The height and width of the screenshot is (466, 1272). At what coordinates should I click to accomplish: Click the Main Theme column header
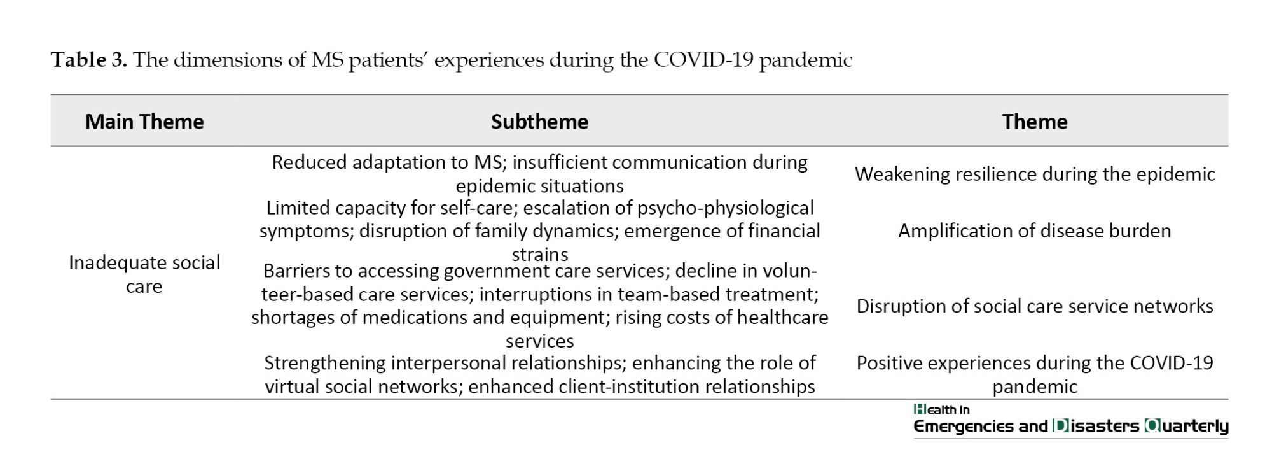click(x=144, y=122)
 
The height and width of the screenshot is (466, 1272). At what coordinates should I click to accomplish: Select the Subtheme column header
click(x=539, y=122)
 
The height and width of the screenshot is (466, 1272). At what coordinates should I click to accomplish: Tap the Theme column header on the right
click(x=1035, y=122)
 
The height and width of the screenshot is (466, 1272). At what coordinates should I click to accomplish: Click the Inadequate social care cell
click(x=144, y=274)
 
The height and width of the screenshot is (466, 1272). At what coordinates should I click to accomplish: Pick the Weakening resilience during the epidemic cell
click(x=1035, y=174)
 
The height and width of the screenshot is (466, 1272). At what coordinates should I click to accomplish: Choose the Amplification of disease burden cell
click(x=1035, y=230)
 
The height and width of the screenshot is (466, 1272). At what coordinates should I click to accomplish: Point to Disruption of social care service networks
click(x=1035, y=306)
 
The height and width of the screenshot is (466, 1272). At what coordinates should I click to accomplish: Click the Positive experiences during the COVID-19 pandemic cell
click(x=1035, y=374)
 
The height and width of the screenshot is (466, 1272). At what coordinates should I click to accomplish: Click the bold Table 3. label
click(x=89, y=60)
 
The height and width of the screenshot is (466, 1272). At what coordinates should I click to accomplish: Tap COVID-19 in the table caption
click(x=703, y=60)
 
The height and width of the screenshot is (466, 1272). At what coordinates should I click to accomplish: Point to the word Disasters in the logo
click(x=1096, y=426)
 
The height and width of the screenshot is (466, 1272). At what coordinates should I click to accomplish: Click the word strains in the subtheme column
click(x=540, y=255)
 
